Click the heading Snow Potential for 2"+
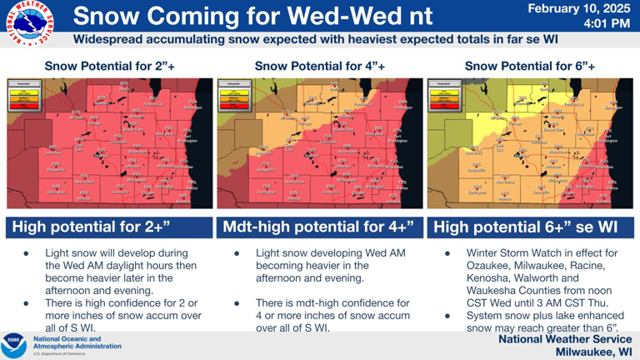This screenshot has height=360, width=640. click(110, 66)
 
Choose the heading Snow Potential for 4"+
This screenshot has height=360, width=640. click(320, 66)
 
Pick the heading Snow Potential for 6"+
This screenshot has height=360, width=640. click(530, 66)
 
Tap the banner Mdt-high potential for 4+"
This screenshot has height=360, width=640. click(318, 227)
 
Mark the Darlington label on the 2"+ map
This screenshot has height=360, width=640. click(57, 192)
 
